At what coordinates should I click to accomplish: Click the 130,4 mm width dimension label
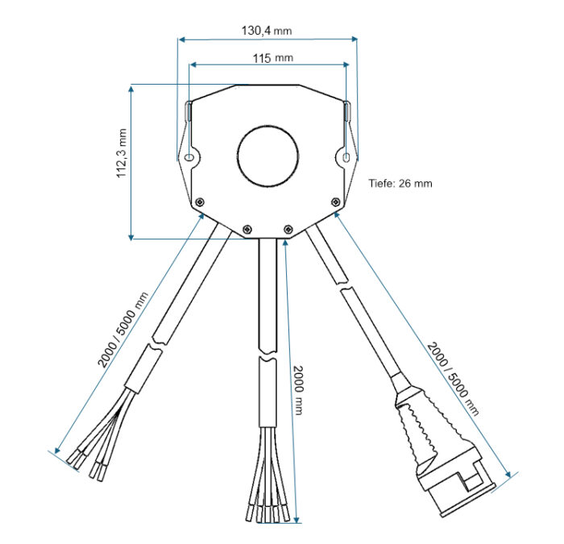click(267, 31)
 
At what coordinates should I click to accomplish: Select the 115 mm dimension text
click(273, 58)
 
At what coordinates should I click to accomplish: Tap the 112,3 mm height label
click(122, 153)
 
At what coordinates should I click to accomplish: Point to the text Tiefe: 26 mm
click(400, 184)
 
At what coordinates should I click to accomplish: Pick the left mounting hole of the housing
click(189, 158)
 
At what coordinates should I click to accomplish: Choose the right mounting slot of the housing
click(346, 158)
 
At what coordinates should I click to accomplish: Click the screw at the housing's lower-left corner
click(200, 202)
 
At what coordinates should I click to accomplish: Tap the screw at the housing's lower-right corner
click(335, 202)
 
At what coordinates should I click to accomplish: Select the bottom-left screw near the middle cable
click(247, 229)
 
